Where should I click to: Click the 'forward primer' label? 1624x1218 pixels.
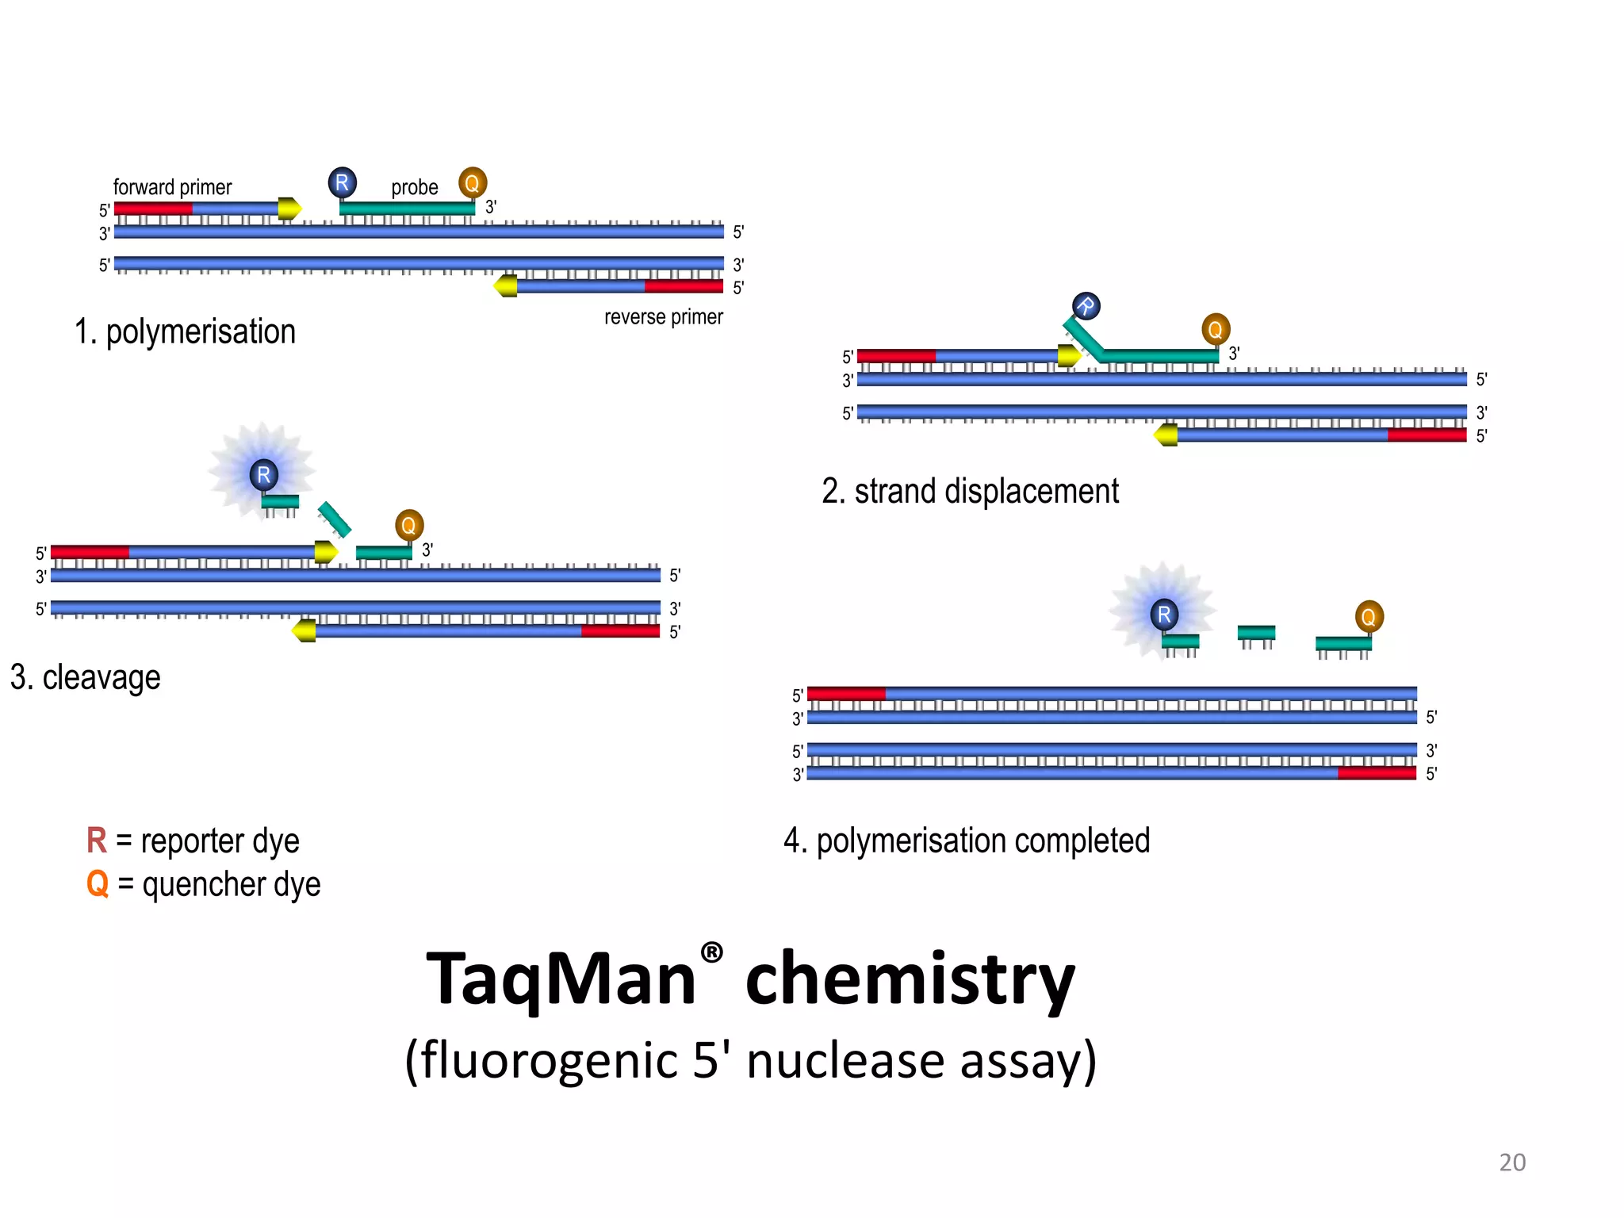(x=172, y=187)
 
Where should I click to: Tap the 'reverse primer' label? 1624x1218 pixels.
(x=663, y=317)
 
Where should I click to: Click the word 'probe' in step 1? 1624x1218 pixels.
(x=414, y=187)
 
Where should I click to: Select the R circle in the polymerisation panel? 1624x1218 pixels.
(x=342, y=182)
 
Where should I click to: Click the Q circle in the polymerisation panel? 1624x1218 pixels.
(x=472, y=183)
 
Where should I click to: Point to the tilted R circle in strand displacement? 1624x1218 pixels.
(x=1086, y=306)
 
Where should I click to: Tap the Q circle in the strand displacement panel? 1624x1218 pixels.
(x=1215, y=329)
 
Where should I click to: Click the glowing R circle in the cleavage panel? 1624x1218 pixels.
(x=263, y=475)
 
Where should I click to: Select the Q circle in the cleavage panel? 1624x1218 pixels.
(x=409, y=525)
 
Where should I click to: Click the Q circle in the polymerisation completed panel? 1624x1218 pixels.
(x=1369, y=616)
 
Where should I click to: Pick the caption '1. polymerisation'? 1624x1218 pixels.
(x=185, y=331)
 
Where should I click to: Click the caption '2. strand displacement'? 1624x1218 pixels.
(x=970, y=492)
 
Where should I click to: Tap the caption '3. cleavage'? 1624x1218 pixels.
(x=86, y=678)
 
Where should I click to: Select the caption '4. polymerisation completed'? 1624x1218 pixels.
(x=966, y=841)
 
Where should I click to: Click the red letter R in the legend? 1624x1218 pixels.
(x=96, y=841)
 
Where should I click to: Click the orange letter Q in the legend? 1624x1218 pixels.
(x=97, y=883)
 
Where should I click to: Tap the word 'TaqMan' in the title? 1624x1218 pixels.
(x=561, y=979)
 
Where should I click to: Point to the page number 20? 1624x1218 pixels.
(x=1511, y=1162)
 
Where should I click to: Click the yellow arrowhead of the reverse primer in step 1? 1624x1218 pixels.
(x=506, y=285)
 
